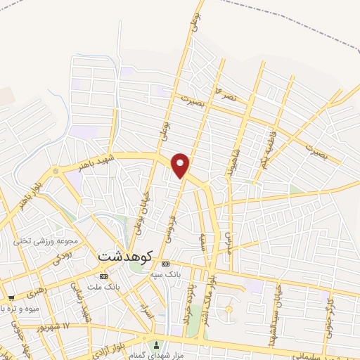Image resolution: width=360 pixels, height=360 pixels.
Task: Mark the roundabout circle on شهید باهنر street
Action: point(56,171)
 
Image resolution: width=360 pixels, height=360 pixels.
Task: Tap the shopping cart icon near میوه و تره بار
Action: point(11,297)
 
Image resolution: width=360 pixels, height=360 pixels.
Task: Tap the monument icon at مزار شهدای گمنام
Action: point(156,345)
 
